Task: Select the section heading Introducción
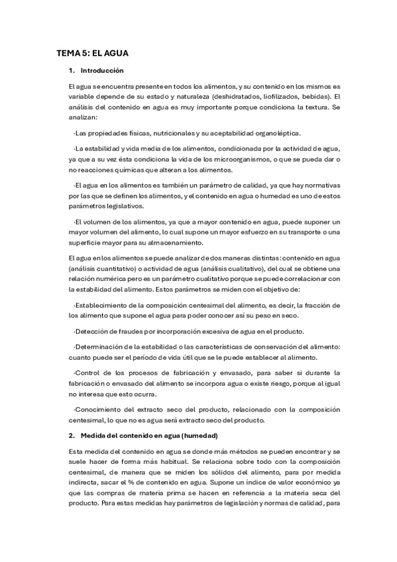tap(101, 70)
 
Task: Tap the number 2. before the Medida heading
tap(72, 435)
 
